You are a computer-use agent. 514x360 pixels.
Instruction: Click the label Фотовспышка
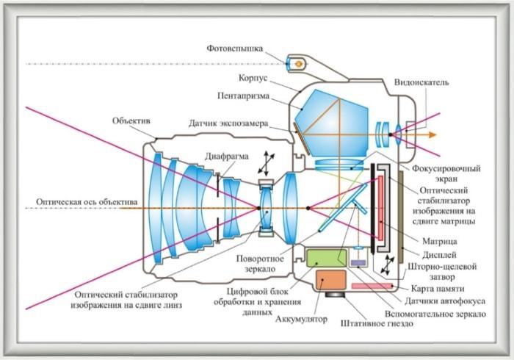(x=234, y=48)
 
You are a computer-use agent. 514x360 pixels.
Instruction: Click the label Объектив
(x=132, y=120)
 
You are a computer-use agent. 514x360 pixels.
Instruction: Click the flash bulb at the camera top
(x=299, y=64)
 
